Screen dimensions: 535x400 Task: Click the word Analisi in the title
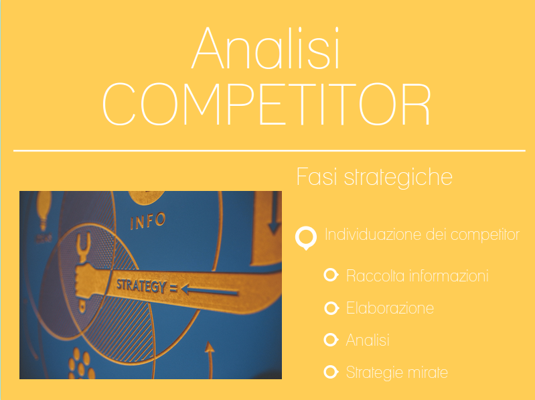[266, 48]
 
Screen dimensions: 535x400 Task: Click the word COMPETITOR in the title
[266, 104]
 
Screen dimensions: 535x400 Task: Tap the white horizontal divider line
[269, 150]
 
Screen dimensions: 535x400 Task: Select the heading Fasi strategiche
[374, 177]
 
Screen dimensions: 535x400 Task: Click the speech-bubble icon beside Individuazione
[306, 238]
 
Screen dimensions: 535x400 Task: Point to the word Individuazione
[373, 235]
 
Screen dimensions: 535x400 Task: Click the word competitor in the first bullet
[485, 235]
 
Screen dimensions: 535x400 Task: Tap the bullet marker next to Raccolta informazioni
[331, 275]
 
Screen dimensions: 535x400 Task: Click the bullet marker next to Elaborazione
[331, 308]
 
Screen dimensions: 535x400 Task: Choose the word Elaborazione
[390, 308]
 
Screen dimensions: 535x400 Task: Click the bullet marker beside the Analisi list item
[331, 340]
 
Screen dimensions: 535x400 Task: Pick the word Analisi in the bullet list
[368, 340]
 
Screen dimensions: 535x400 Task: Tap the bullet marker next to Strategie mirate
[331, 372]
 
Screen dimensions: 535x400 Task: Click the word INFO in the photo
[148, 221]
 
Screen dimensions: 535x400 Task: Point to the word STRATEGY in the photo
[141, 285]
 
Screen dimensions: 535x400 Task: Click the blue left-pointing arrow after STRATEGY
[210, 290]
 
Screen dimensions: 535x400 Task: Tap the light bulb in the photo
[44, 209]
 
